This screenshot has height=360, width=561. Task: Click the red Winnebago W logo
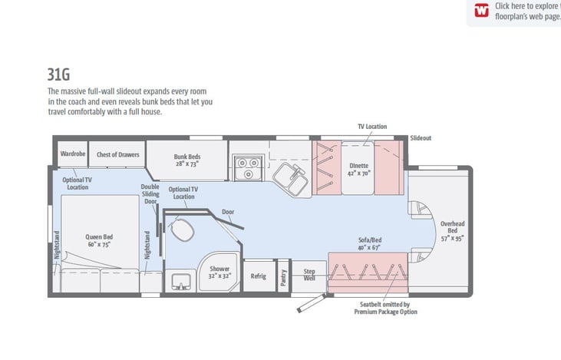pyautogui.click(x=482, y=11)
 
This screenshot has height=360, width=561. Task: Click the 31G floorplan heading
pyautogui.click(x=58, y=74)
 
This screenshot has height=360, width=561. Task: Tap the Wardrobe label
pyautogui.click(x=73, y=154)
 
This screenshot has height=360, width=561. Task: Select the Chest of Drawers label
pyautogui.click(x=117, y=154)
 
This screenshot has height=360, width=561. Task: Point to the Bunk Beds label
pyautogui.click(x=187, y=160)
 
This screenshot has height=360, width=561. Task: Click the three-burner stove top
pyautogui.click(x=249, y=167)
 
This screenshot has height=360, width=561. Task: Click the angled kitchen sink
pyautogui.click(x=291, y=179)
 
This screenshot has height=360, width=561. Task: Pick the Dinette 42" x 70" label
pyautogui.click(x=359, y=170)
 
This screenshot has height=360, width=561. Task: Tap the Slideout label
pyautogui.click(x=421, y=137)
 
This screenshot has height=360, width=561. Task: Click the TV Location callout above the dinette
pyautogui.click(x=372, y=127)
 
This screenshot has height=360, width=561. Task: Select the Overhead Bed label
pyautogui.click(x=452, y=231)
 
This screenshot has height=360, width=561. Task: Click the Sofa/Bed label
pyautogui.click(x=370, y=243)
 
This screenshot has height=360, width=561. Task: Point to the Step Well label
pyautogui.click(x=309, y=275)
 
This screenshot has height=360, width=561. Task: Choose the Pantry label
pyautogui.click(x=283, y=277)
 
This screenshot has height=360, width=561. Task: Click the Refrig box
pyautogui.click(x=259, y=276)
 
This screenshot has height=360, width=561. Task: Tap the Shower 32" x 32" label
pyautogui.click(x=219, y=272)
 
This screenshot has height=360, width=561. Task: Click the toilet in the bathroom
pyautogui.click(x=182, y=230)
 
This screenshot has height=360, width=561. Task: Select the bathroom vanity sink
pyautogui.click(x=181, y=282)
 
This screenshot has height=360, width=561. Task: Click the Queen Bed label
pyautogui.click(x=99, y=240)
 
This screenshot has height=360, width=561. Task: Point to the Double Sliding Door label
pyautogui.click(x=150, y=194)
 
